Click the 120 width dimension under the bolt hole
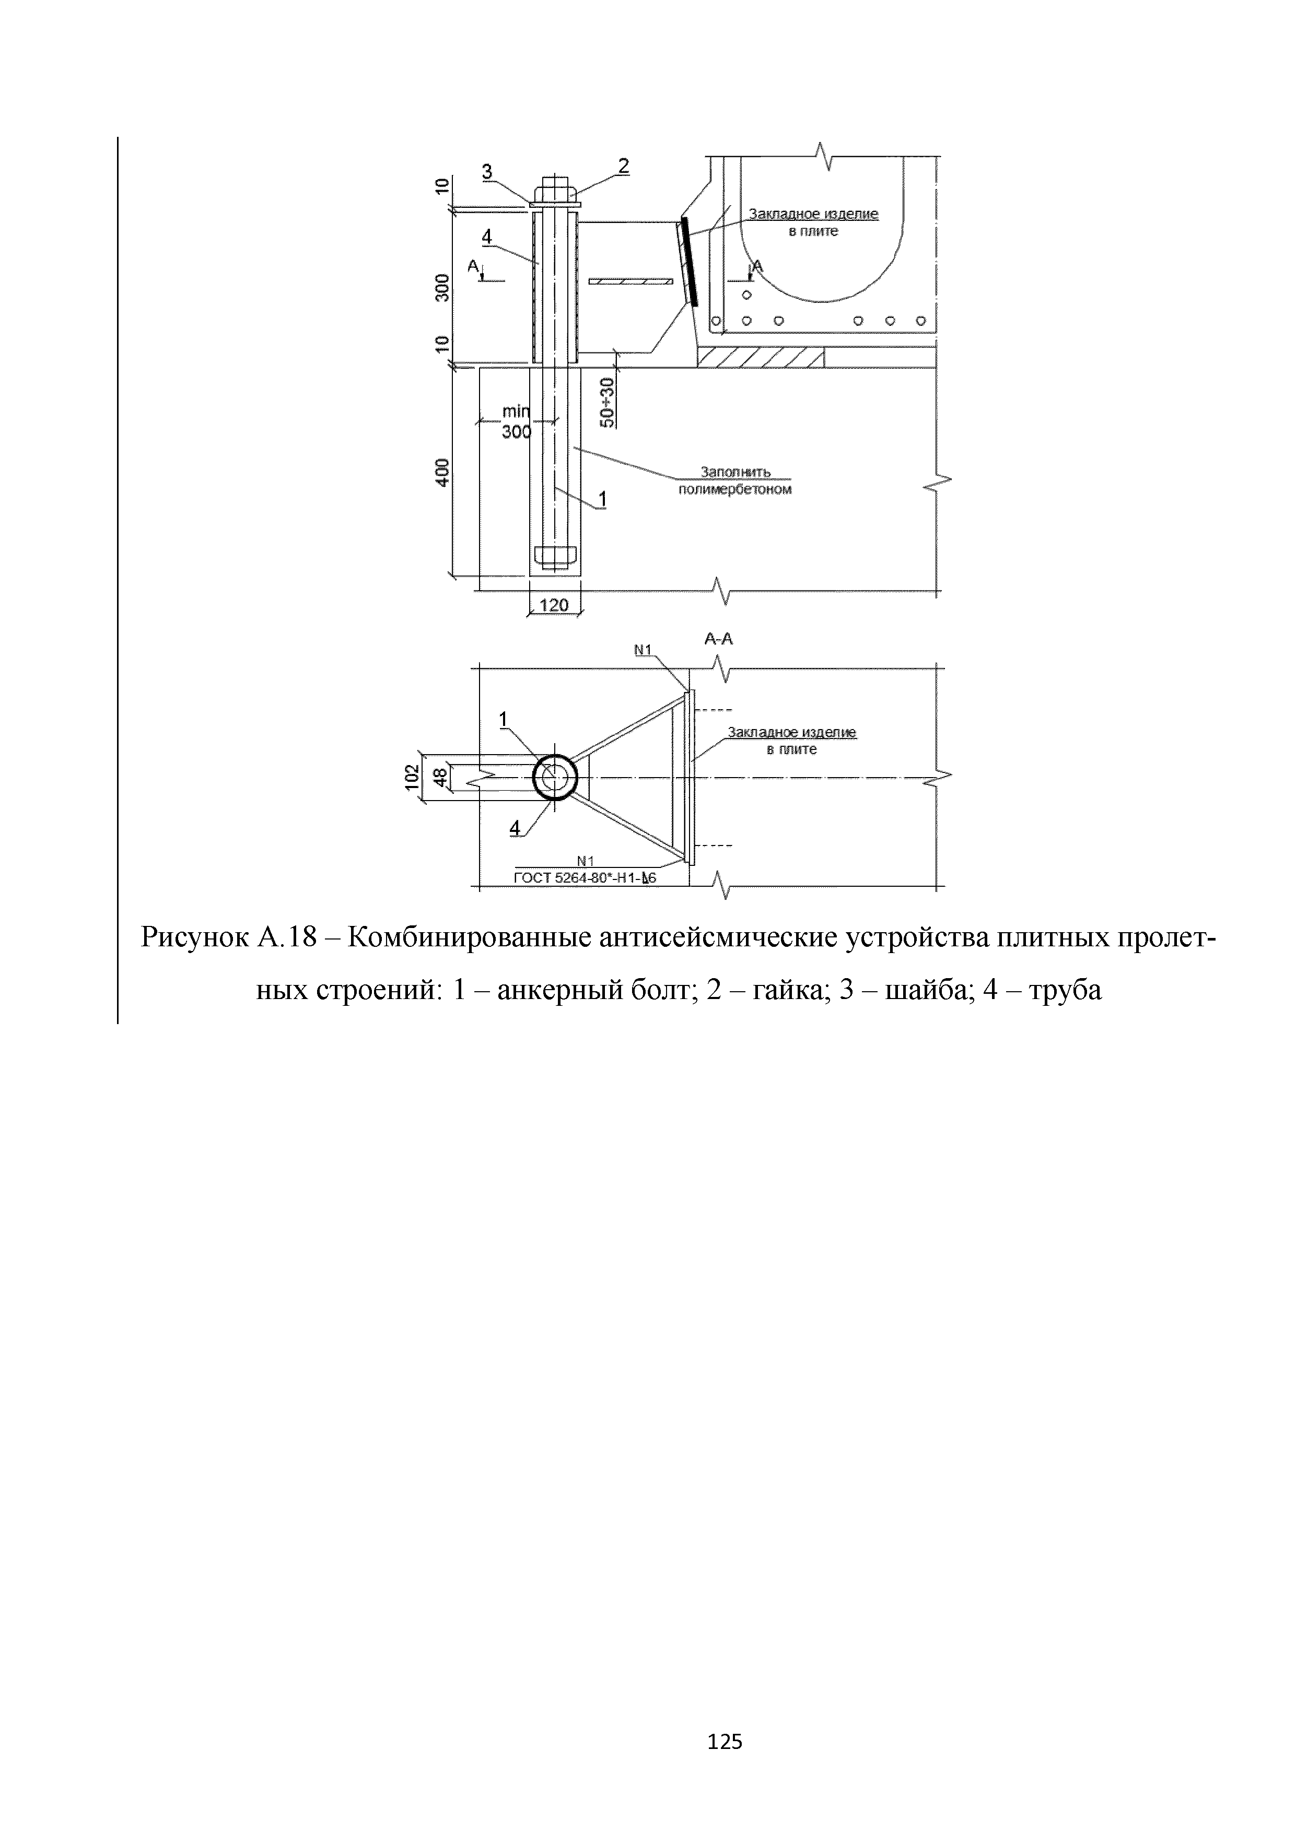tap(554, 605)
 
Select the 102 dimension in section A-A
tap(412, 777)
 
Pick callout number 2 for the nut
tap(623, 167)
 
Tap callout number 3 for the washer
tap(487, 171)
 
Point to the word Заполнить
tap(735, 472)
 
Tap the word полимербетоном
tap(735, 489)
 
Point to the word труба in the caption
tap(1065, 990)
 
